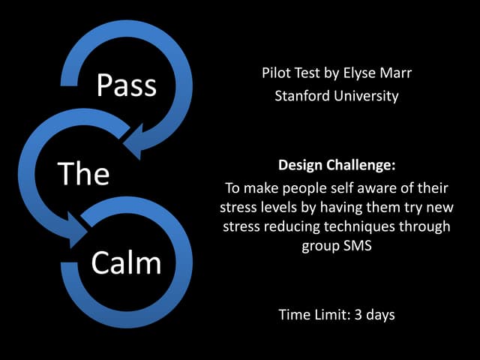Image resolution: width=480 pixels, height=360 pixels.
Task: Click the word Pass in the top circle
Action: pos(126,85)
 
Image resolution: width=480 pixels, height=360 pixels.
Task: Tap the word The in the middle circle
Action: pos(84,173)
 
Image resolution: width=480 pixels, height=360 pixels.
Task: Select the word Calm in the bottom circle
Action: pos(126,263)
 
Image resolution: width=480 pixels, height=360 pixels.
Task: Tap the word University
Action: pos(361,96)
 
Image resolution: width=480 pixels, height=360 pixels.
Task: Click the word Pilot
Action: pos(278,73)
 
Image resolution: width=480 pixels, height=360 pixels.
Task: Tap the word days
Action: pos(380,314)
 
